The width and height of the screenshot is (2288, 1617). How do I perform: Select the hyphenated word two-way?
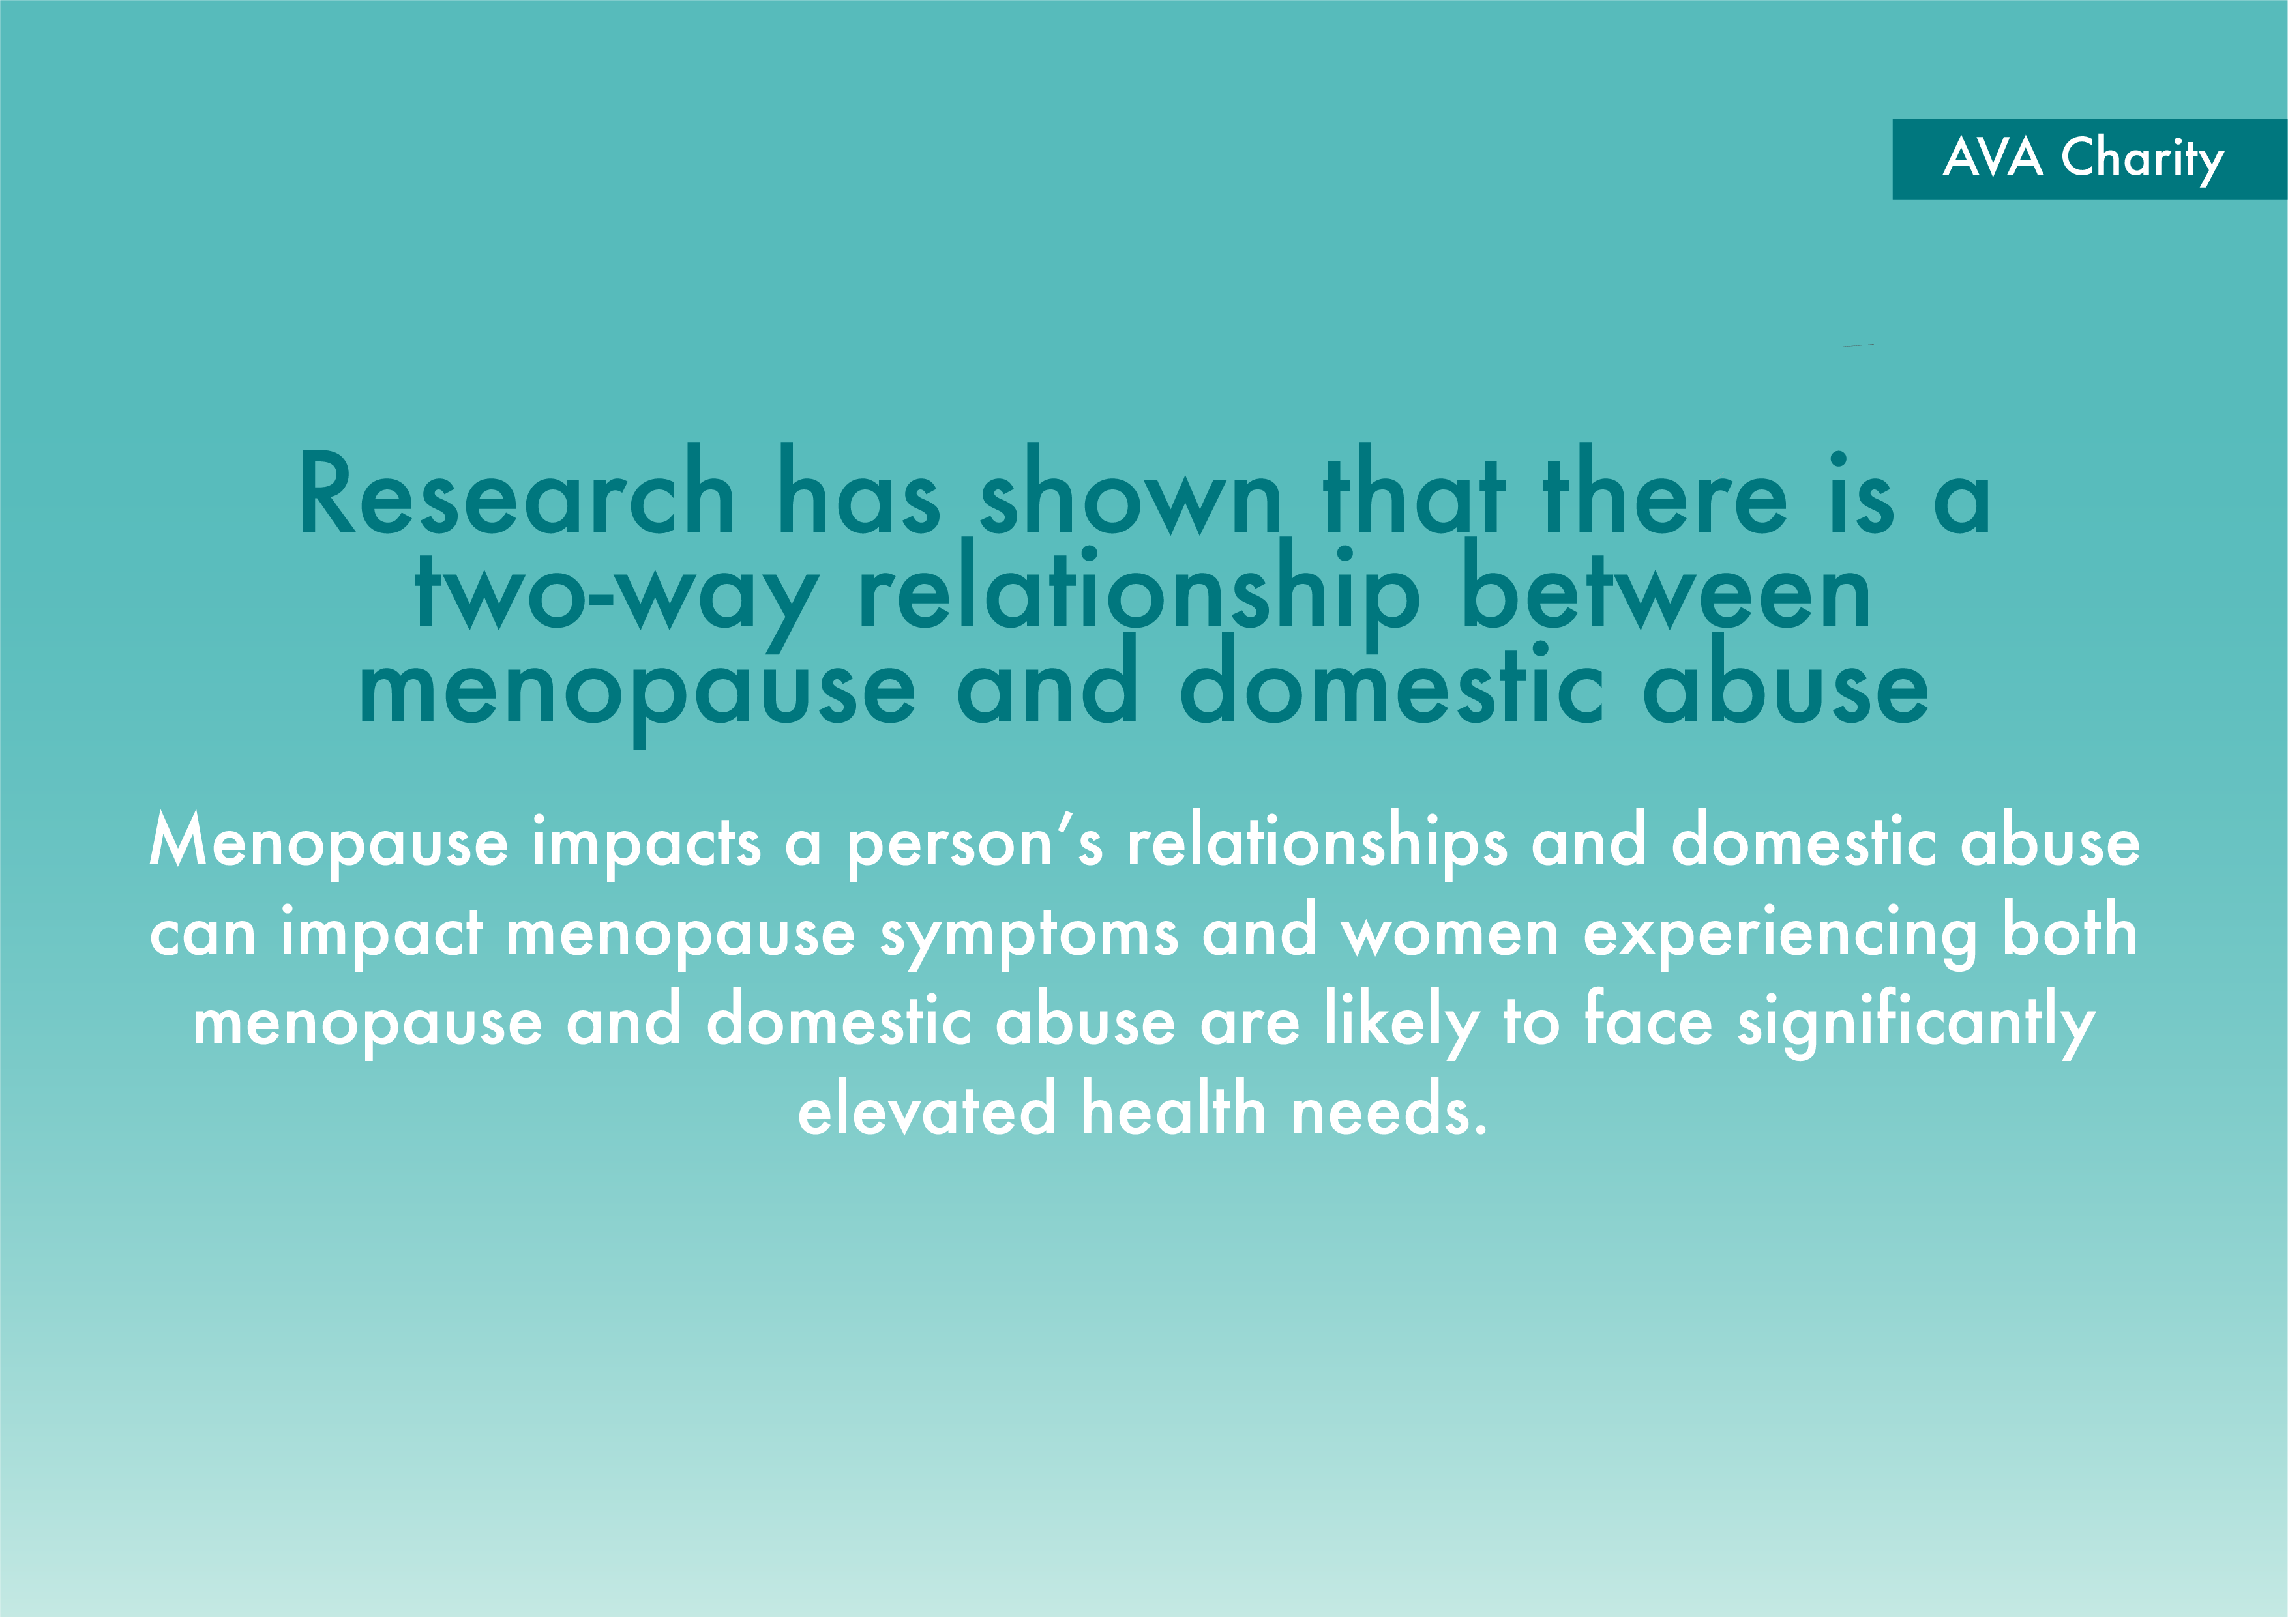617,594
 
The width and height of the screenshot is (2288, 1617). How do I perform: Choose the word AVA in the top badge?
1993,158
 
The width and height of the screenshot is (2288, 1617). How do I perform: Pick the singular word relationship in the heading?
1139,594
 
